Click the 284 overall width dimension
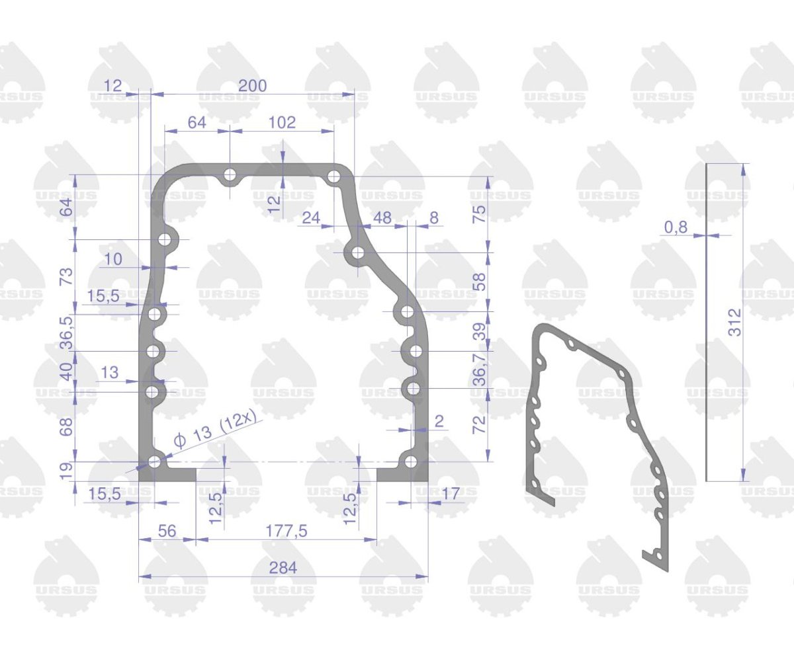click(x=283, y=568)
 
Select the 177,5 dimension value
click(x=286, y=531)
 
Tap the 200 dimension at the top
click(x=253, y=85)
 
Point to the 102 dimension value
click(x=282, y=122)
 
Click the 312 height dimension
click(x=734, y=323)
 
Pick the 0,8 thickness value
click(x=676, y=227)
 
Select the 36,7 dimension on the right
click(x=480, y=369)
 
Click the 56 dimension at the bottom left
click(x=167, y=531)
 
